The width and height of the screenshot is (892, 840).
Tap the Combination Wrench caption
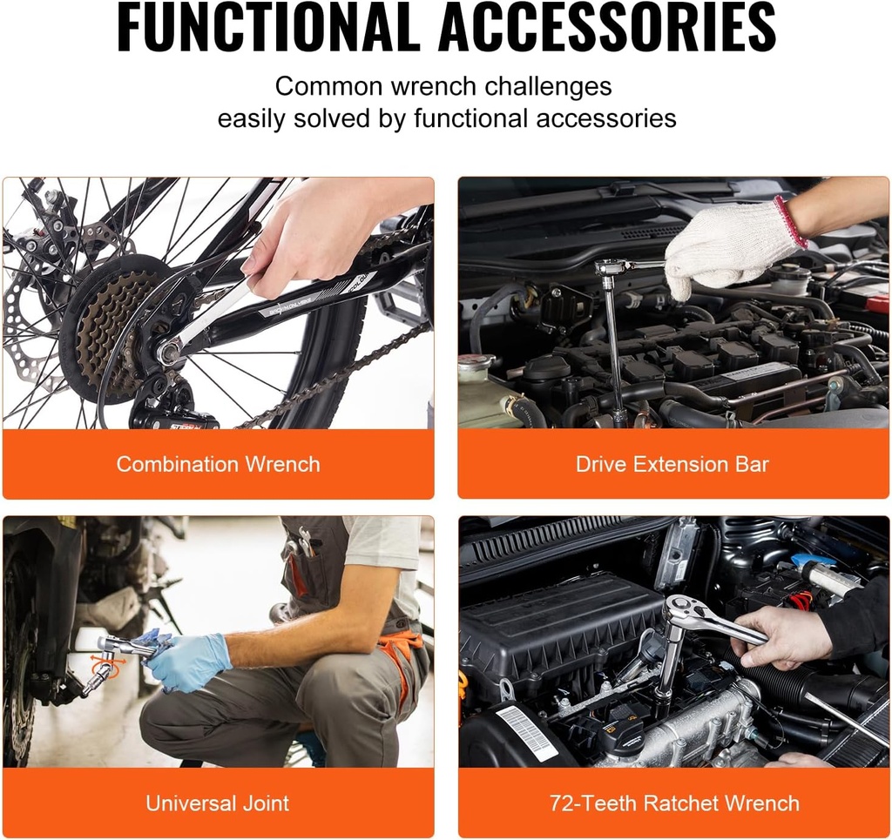[218, 464]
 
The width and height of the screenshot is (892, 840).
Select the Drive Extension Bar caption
[672, 464]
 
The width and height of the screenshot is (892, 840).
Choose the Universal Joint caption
[218, 803]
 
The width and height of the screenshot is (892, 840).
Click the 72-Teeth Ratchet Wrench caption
[674, 803]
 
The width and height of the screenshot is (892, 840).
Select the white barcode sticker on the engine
[526, 731]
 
